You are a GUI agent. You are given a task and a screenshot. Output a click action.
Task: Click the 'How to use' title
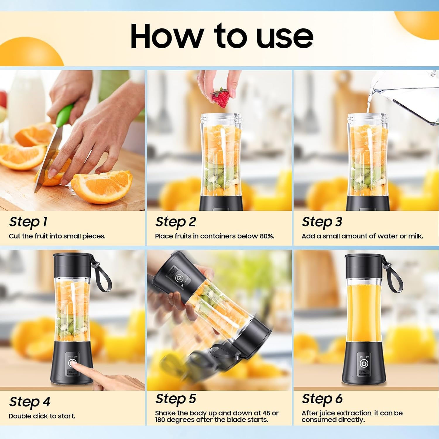pyautogui.click(x=222, y=36)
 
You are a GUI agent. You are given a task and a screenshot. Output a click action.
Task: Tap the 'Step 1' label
pyautogui.click(x=28, y=222)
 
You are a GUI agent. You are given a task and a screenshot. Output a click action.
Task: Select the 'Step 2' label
pyautogui.click(x=175, y=222)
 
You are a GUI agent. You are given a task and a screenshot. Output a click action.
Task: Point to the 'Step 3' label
pyautogui.click(x=322, y=222)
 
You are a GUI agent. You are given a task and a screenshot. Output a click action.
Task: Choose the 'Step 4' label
pyautogui.click(x=30, y=402)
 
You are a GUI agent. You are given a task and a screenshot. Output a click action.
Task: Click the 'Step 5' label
pyautogui.click(x=176, y=399)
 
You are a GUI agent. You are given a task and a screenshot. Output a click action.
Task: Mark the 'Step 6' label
pyautogui.click(x=322, y=399)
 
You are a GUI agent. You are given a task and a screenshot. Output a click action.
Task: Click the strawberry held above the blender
pyautogui.click(x=221, y=98)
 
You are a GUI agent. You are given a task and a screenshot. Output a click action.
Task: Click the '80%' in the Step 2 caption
pyautogui.click(x=266, y=236)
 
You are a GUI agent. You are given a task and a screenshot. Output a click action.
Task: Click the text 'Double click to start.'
pyautogui.click(x=42, y=416)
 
